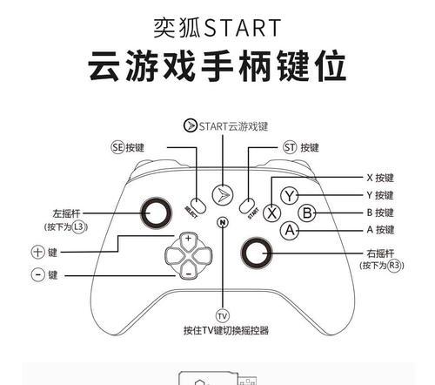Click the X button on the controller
[271, 213]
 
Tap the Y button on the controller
[290, 196]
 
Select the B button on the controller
[307, 213]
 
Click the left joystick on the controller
[156, 213]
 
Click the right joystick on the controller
[257, 253]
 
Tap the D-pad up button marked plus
[189, 240]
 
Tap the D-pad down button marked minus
[189, 271]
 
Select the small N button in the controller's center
[223, 222]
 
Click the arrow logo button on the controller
[223, 195]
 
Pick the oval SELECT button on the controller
[198, 206]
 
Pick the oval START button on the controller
[247, 206]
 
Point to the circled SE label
[117, 147]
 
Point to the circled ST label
[290, 147]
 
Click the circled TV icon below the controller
[223, 315]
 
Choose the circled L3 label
[79, 226]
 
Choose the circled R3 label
[395, 265]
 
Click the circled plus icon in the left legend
[38, 252]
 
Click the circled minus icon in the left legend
[38, 274]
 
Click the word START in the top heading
[243, 28]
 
